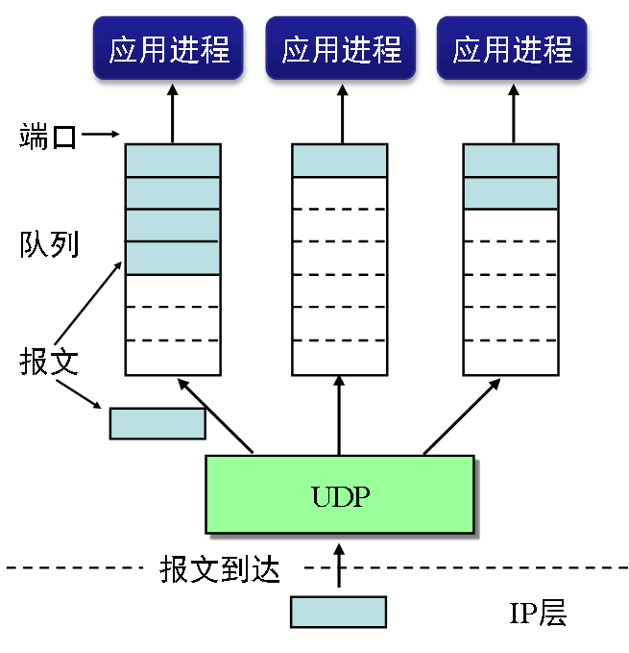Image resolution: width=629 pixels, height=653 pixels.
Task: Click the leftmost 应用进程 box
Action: click(169, 47)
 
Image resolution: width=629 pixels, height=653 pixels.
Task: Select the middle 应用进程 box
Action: click(341, 47)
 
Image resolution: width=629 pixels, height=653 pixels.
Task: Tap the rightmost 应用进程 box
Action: click(512, 47)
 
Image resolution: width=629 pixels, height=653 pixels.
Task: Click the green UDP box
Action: click(340, 495)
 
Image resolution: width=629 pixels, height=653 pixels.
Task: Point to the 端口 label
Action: click(47, 137)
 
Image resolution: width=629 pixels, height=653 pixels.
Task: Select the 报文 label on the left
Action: click(48, 362)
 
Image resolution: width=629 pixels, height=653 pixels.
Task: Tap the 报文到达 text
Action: click(220, 569)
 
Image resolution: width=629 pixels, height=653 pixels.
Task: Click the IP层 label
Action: click(538, 614)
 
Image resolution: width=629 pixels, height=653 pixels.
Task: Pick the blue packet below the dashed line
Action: click(338, 612)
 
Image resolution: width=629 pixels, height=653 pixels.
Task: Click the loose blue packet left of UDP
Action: click(157, 423)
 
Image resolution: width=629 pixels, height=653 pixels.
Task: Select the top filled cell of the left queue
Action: click(173, 161)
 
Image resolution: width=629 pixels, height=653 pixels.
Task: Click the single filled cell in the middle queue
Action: click(339, 161)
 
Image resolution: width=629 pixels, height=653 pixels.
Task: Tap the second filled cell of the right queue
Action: click(511, 193)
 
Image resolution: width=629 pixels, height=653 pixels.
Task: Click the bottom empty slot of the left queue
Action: click(173, 358)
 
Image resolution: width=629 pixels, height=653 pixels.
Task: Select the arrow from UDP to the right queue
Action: click(461, 415)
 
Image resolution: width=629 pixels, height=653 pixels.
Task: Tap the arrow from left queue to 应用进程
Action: click(173, 113)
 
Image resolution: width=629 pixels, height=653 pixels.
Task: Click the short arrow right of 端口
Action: click(100, 136)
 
